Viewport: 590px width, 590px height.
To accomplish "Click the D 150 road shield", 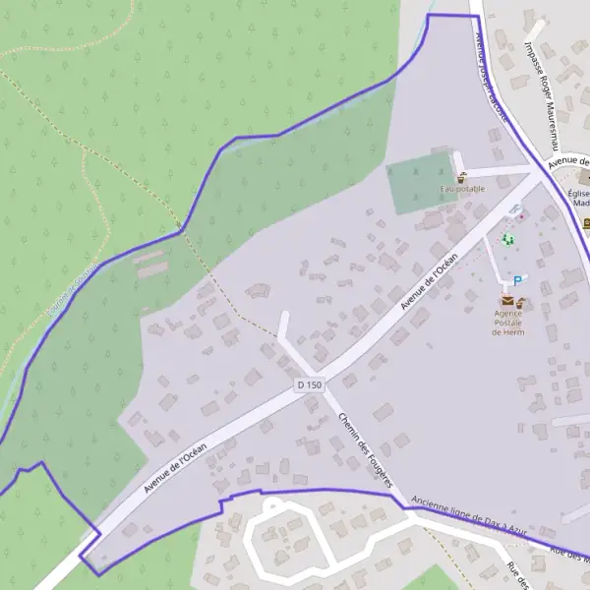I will click(309, 384).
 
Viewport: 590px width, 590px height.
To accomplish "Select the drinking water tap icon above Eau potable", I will click(461, 177).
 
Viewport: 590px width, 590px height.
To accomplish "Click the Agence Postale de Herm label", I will click(508, 323).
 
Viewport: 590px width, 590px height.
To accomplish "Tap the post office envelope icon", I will click(507, 301).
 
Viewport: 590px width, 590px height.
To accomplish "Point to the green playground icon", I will click(508, 239).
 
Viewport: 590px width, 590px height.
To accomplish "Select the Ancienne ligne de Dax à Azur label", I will click(469, 515).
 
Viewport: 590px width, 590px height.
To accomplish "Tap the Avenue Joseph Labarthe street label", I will click(491, 74).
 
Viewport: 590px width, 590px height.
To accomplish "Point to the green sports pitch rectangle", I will click(422, 184).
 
